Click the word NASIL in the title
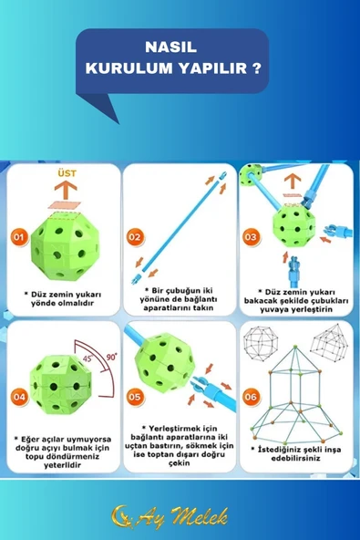[170, 47]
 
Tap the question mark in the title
[256, 67]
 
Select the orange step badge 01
[19, 237]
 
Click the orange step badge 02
[135, 237]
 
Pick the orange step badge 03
[251, 237]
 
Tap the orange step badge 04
[19, 397]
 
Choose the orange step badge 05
[135, 397]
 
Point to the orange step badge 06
[251, 397]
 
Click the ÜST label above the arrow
[67, 173]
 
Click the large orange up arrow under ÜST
[66, 190]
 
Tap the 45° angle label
[88, 358]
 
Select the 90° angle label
[111, 357]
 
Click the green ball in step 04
[60, 384]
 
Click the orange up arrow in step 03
[293, 182]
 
